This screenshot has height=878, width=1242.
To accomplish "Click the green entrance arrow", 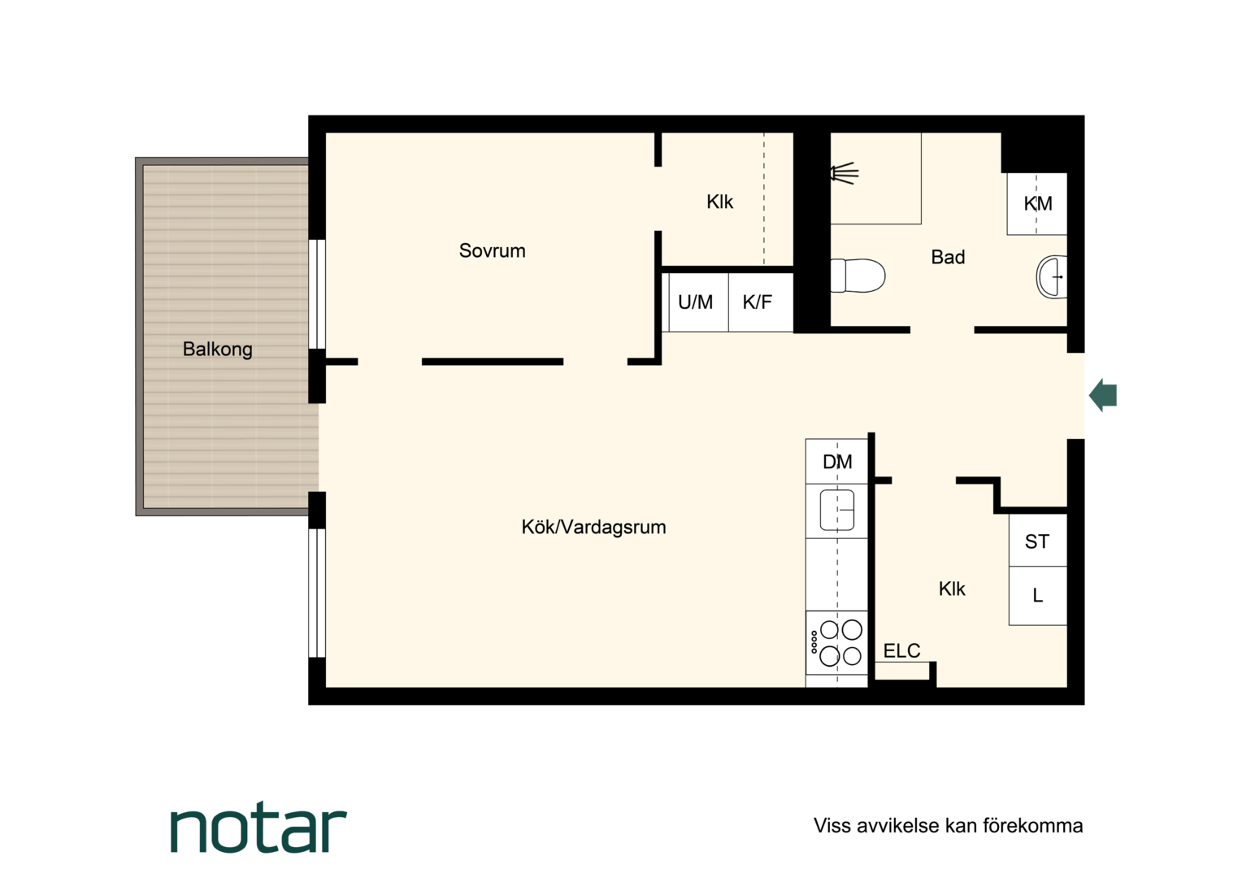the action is (1103, 395).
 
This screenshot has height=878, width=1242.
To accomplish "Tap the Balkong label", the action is (217, 350).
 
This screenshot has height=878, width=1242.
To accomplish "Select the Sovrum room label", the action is (492, 250).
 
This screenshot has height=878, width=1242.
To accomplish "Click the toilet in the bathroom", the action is (858, 275).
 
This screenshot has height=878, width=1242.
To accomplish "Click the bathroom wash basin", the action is (1051, 276).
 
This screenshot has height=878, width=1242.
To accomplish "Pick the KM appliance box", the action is (1037, 203).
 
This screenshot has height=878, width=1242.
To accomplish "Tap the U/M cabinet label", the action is (695, 302).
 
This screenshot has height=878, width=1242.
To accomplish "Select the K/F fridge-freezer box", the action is (760, 302).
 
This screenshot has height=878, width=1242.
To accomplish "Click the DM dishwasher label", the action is (837, 462).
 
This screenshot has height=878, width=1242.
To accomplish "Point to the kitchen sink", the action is (836, 511).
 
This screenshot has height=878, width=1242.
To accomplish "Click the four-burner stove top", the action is (836, 643).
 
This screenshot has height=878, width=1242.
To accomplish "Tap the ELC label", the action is (901, 650).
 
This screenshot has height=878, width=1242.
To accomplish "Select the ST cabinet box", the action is (1037, 541).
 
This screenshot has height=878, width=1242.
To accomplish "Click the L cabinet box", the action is (1037, 596).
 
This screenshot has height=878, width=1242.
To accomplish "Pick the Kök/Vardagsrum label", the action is (593, 527).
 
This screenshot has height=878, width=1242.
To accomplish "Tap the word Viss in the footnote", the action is (832, 825).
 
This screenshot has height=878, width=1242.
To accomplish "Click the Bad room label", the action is (948, 258).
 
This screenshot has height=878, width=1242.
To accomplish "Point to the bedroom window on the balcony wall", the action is (317, 294).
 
